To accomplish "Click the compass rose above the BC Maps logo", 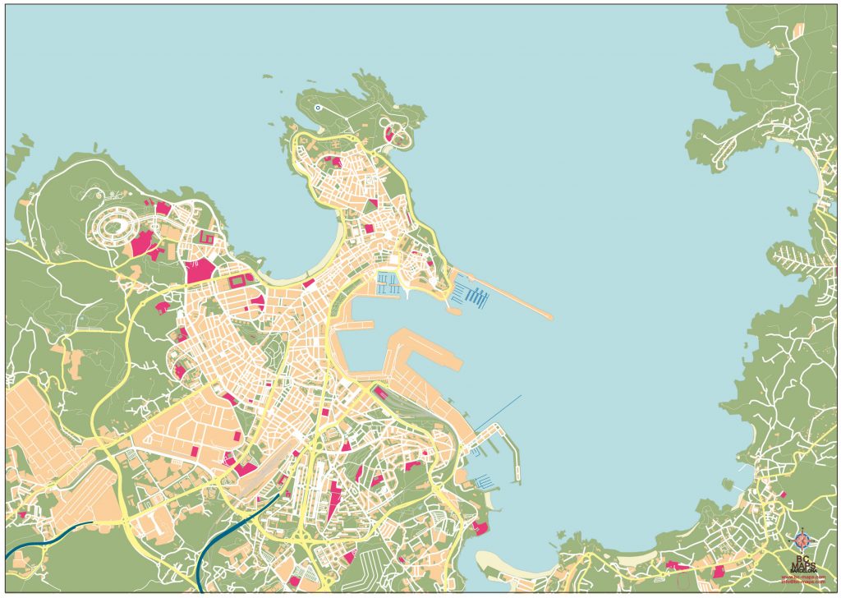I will point(802,541).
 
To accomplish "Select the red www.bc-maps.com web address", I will point(802,577).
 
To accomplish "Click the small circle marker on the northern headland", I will point(318,108).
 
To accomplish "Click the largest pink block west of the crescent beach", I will point(200,270).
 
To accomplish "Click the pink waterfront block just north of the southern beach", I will point(480,527).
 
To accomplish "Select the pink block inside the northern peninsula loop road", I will point(390,133).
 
